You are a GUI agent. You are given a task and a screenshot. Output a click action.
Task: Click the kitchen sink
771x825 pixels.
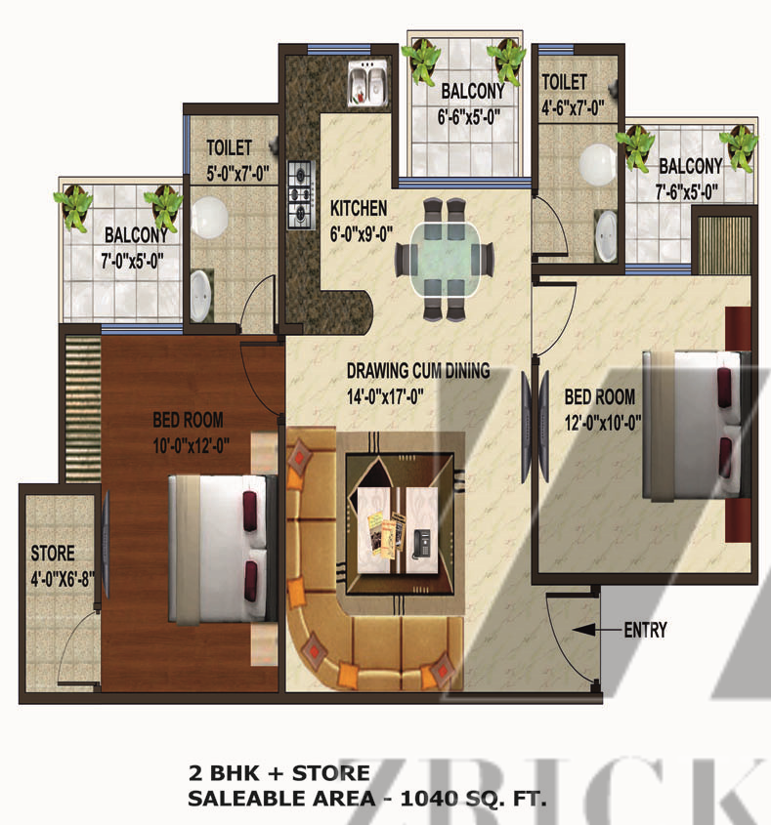(367, 82)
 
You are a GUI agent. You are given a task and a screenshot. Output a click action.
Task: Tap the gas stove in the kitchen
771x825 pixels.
(301, 194)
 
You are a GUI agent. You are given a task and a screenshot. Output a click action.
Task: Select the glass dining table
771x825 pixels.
(445, 260)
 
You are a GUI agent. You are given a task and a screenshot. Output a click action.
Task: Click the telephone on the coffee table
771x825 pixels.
(421, 544)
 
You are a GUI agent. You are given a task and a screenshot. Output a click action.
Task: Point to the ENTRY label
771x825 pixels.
(645, 630)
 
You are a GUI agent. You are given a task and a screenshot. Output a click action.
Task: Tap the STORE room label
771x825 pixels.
(53, 553)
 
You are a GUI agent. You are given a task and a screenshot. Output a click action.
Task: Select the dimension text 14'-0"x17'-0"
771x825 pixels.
(385, 396)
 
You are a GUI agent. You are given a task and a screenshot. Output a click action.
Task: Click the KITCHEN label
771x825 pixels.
(359, 208)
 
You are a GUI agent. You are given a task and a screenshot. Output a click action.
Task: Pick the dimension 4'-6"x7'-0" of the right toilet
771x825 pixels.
(573, 107)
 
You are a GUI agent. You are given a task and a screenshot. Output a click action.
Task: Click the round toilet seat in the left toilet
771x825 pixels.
(209, 218)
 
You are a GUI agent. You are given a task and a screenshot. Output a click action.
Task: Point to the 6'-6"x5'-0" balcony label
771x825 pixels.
(468, 117)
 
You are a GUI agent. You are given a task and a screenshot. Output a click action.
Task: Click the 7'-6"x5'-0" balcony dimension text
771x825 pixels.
(687, 192)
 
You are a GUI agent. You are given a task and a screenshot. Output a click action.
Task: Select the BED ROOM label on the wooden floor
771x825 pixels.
(188, 420)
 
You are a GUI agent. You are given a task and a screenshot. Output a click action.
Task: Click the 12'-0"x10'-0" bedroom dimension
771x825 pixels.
(603, 422)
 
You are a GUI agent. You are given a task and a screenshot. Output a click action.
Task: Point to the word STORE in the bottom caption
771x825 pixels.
(330, 773)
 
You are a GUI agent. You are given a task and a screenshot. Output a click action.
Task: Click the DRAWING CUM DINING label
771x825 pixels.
(418, 370)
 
